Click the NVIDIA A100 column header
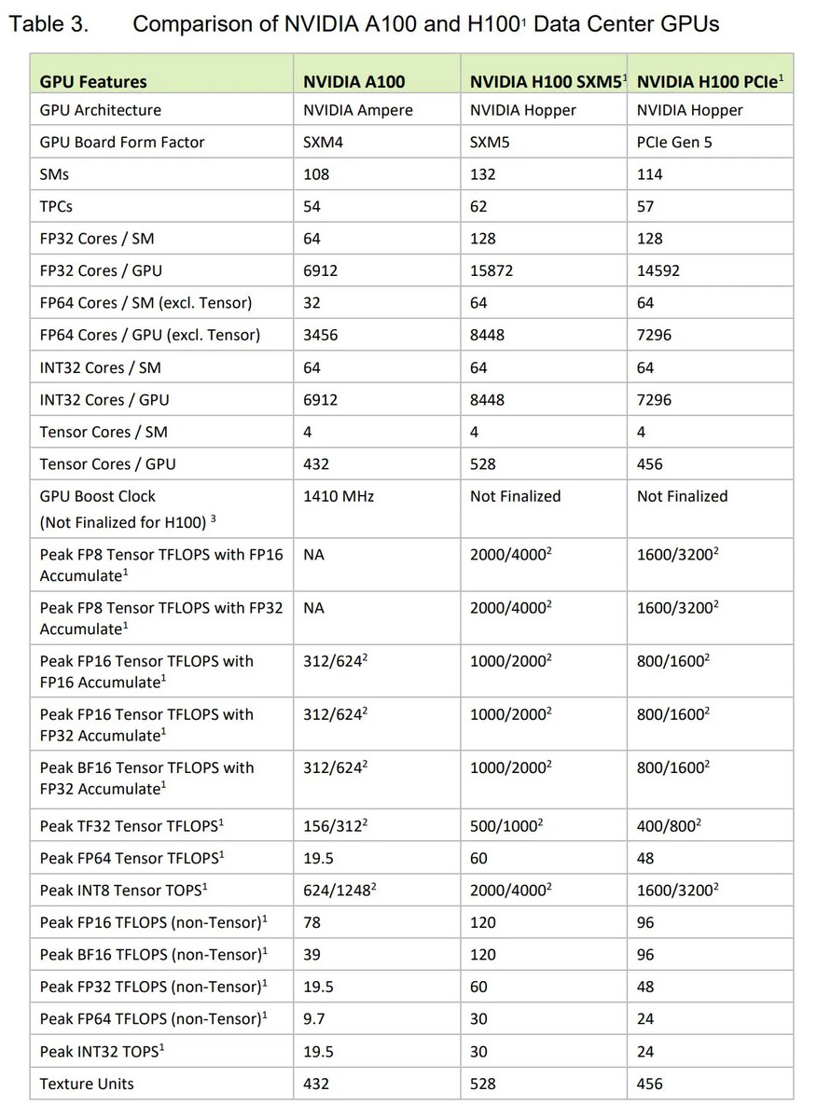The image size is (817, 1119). point(353,82)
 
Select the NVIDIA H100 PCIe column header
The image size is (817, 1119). point(709,82)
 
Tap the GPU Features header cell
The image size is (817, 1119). point(93,82)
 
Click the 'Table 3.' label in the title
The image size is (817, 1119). point(48,24)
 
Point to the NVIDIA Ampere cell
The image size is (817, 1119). point(357,110)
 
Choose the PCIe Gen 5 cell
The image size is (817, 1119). point(674,143)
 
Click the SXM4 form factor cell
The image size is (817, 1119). point(324,143)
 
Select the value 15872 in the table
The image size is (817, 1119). point(492,271)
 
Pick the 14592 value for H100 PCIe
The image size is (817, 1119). point(658,271)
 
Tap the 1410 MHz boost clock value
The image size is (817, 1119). point(339,497)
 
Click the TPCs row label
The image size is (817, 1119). point(56,207)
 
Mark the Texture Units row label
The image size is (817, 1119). point(87,1084)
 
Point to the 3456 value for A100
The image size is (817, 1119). point(321,336)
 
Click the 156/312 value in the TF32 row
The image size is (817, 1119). point(335,826)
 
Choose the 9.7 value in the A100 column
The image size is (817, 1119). point(314,1020)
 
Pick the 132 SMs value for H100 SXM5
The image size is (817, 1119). point(483,174)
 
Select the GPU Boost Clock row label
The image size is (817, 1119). point(98,497)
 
